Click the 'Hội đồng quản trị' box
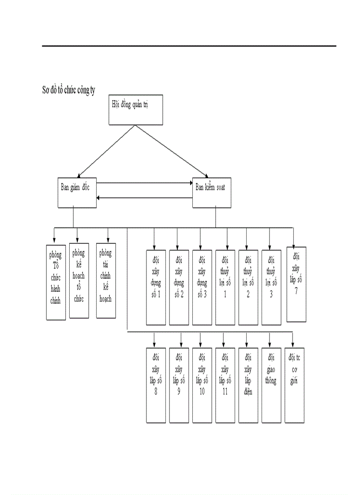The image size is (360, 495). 135,111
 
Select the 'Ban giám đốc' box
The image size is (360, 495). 77,193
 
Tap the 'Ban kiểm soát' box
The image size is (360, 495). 212,193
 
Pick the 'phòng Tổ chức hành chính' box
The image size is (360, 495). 56,282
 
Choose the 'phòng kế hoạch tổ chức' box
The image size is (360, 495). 79,280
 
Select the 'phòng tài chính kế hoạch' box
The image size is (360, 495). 106,280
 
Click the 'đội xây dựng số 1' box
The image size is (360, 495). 156,287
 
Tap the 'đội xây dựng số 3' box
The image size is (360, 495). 202,287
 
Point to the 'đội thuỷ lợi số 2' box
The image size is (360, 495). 248,287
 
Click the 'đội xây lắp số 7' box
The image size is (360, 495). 296,284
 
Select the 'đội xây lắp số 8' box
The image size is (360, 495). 156,385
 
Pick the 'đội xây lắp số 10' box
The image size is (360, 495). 202,385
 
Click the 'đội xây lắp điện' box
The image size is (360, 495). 248,385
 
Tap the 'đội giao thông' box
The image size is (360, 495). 271,385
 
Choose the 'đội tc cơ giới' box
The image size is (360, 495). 295,385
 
